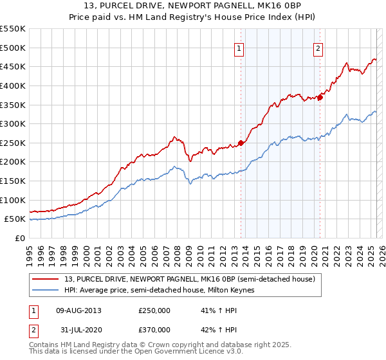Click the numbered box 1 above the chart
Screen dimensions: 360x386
click(239, 48)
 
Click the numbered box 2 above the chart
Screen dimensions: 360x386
click(318, 48)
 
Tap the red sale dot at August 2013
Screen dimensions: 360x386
click(241, 143)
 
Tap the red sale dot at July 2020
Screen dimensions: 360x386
click(320, 97)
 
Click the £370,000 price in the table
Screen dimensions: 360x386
click(154, 330)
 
